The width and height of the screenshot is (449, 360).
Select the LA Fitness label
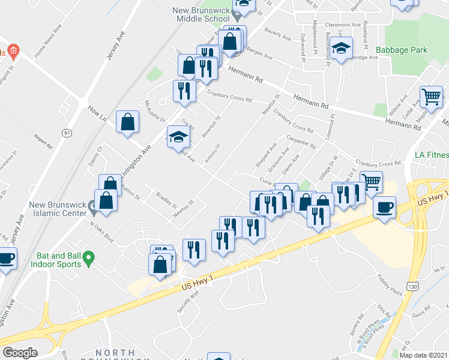431,155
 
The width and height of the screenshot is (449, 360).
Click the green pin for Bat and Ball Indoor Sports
89,259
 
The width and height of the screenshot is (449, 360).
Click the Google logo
20,353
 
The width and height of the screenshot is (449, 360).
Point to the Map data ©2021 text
424,355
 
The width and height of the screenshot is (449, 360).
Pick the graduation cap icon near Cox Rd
178,137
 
